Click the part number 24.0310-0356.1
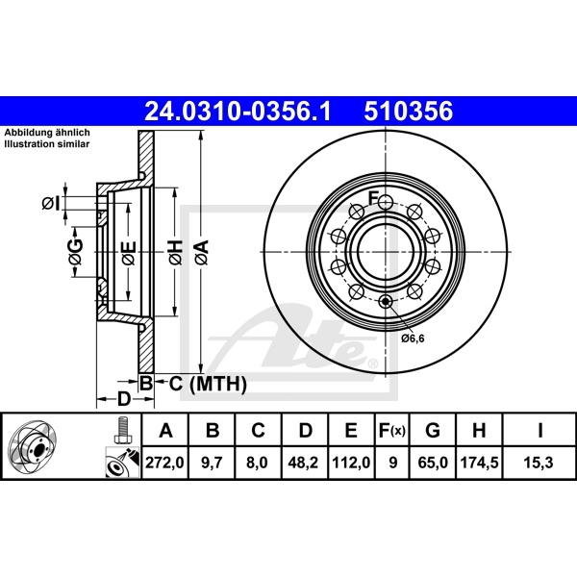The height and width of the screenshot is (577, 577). coord(237,112)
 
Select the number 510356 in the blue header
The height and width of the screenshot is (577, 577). coord(408,112)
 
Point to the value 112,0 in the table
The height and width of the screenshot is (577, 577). coord(350,464)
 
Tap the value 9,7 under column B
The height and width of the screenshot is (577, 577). coord(213,464)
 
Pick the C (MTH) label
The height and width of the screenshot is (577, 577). coord(201,385)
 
